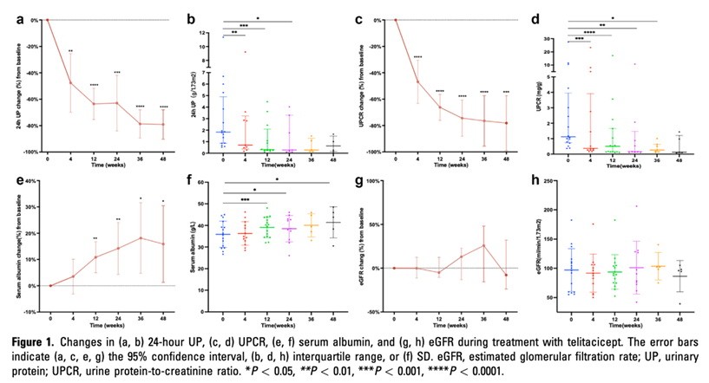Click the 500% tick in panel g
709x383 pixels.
(x=378, y=181)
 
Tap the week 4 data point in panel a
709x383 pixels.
(x=70, y=82)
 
